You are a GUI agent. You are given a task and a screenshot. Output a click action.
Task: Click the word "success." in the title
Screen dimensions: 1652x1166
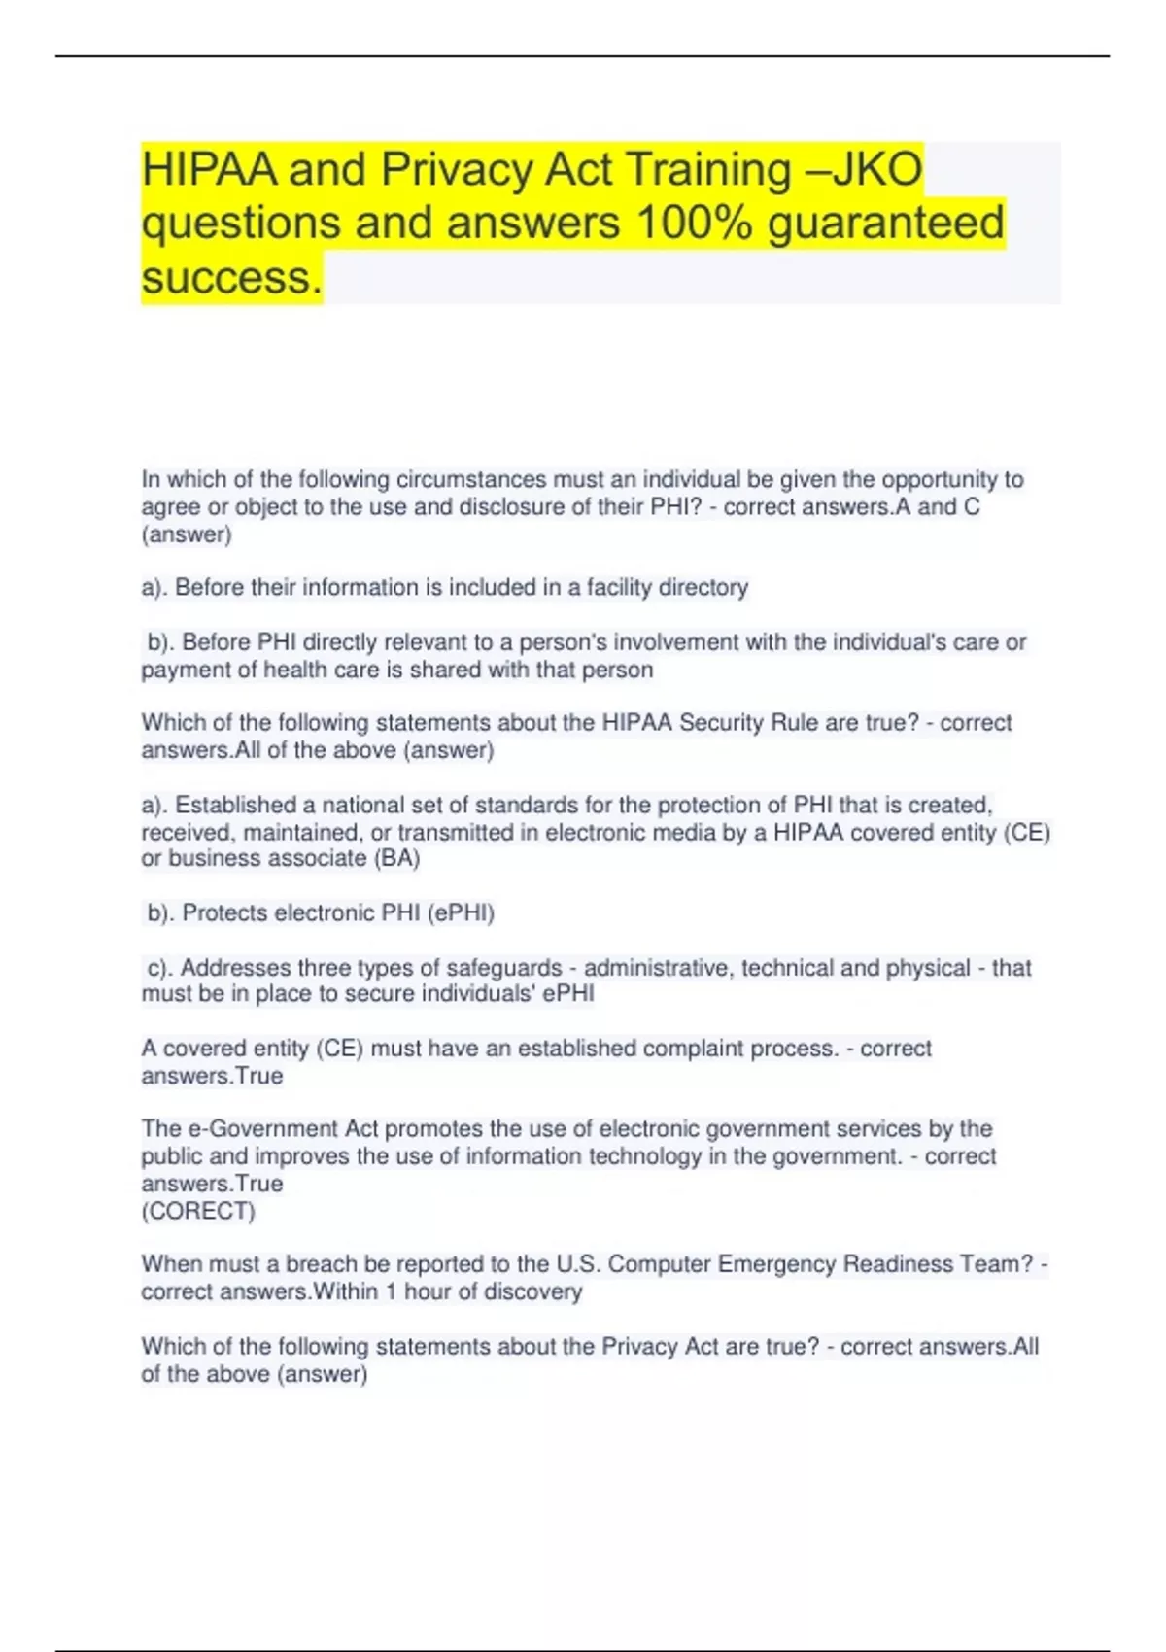[x=231, y=278]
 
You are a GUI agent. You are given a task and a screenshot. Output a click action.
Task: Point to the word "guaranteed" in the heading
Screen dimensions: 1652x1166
[x=886, y=224]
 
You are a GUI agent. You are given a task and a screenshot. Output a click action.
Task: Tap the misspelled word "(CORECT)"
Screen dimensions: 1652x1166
[x=198, y=1211]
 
